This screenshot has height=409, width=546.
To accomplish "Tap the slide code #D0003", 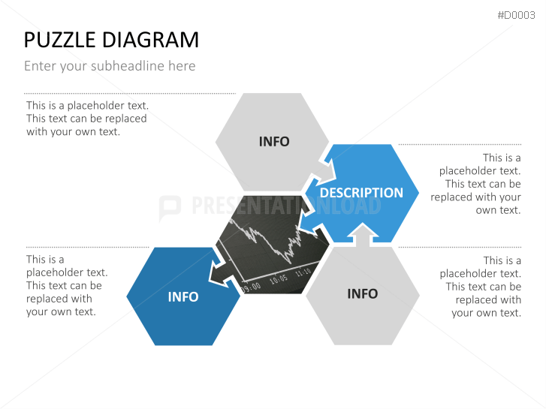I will [x=516, y=15].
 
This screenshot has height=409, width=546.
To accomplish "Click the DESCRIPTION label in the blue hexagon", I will [x=361, y=193].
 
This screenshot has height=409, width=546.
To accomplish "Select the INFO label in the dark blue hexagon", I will [x=183, y=297].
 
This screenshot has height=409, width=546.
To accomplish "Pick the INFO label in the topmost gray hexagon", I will [x=273, y=142].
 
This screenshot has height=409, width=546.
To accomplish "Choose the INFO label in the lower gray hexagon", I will [x=362, y=293].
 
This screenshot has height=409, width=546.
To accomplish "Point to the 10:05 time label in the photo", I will [x=279, y=278].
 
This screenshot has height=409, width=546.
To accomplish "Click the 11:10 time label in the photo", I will [x=303, y=272].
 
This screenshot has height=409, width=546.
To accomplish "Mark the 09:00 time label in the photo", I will [x=251, y=286].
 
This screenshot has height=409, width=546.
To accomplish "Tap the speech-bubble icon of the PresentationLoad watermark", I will [x=170, y=207].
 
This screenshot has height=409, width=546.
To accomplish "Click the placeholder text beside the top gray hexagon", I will [x=86, y=119].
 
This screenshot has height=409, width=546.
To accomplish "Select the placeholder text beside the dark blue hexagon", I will [x=66, y=286].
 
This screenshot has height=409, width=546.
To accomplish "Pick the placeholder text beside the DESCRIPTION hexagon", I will [x=476, y=184].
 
